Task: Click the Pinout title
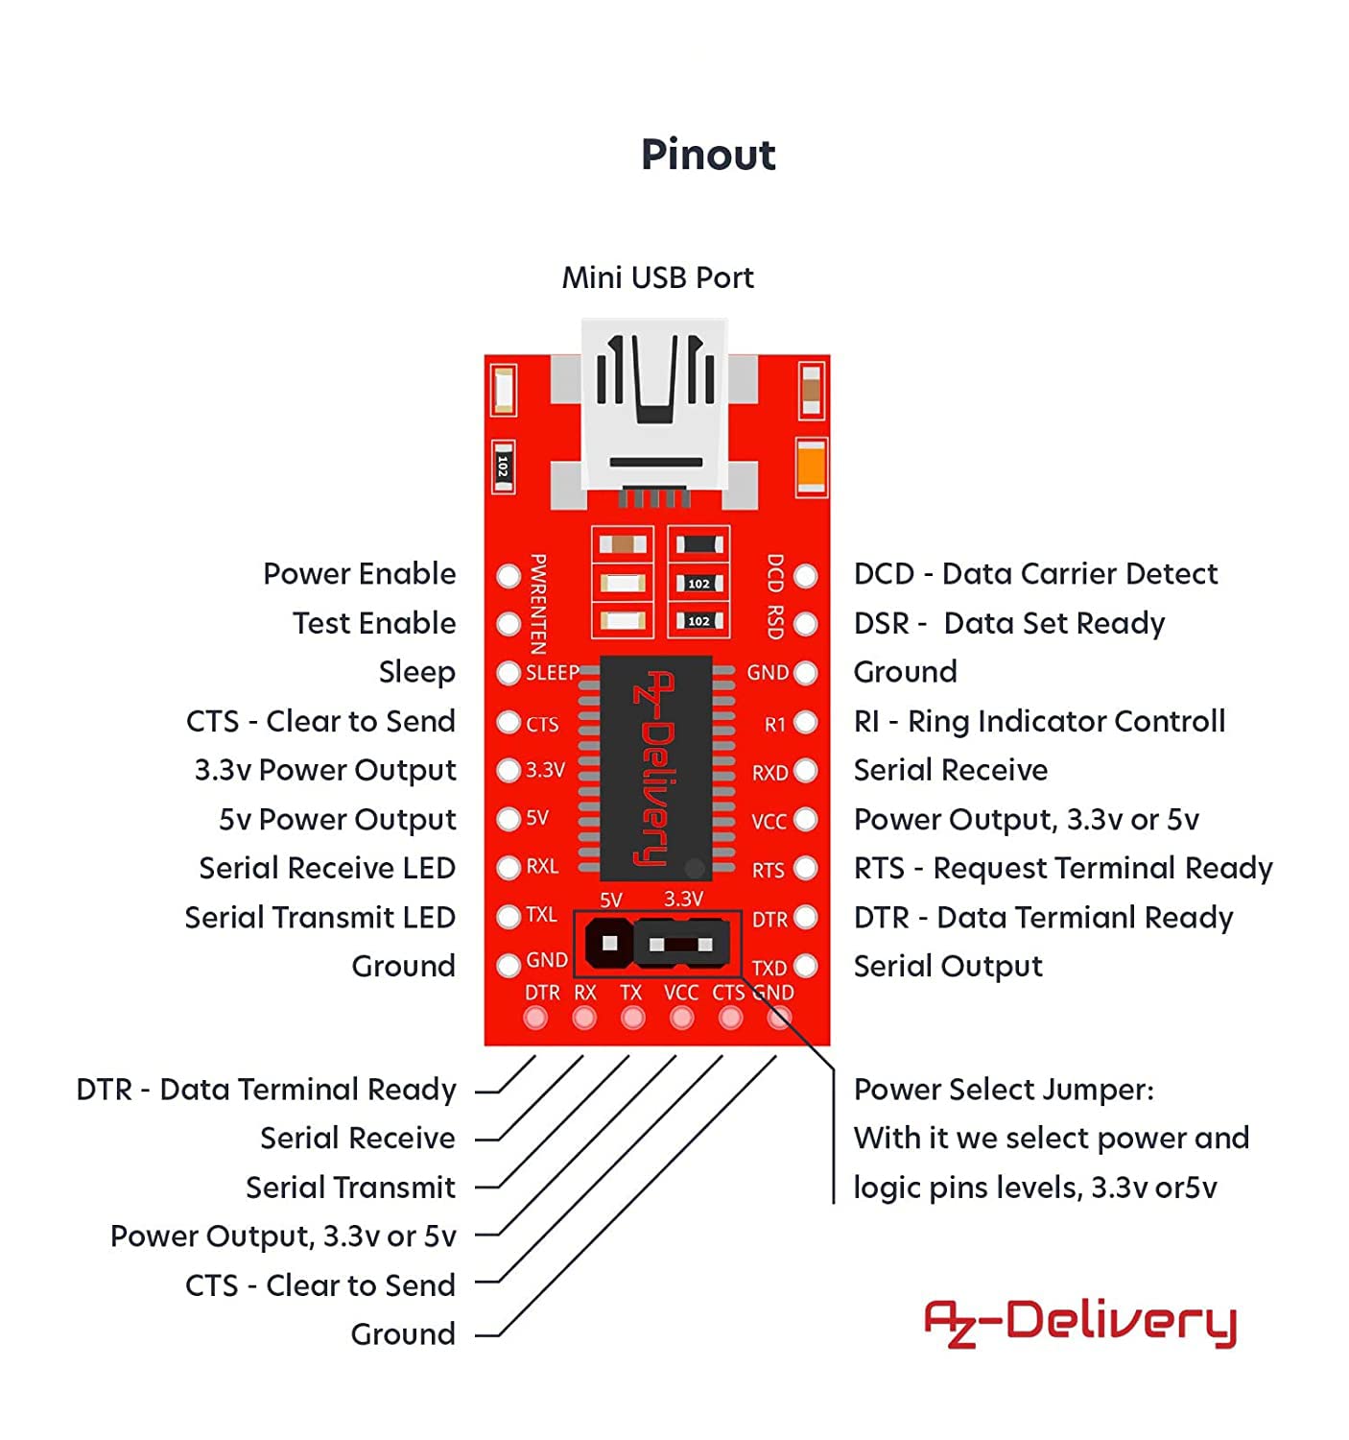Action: tap(707, 155)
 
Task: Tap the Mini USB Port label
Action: tap(657, 278)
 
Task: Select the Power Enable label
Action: tap(360, 574)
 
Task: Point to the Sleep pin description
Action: tap(416, 672)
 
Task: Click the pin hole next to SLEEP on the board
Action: tap(509, 673)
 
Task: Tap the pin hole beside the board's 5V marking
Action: tap(509, 819)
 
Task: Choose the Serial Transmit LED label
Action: tap(319, 918)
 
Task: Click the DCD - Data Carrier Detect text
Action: tap(1035, 574)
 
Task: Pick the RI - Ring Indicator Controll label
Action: tap(1039, 722)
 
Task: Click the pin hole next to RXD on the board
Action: tap(806, 771)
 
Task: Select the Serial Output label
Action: tap(948, 967)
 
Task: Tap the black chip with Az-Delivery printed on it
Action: tap(655, 768)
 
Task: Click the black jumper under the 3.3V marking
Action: tap(681, 945)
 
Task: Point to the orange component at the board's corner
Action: tap(811, 467)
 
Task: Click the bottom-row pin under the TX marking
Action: tap(633, 1018)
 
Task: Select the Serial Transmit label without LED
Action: tap(350, 1188)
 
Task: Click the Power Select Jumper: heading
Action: tap(1004, 1091)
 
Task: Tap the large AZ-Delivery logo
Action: tap(1080, 1323)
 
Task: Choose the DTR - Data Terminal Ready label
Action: tap(266, 1091)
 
